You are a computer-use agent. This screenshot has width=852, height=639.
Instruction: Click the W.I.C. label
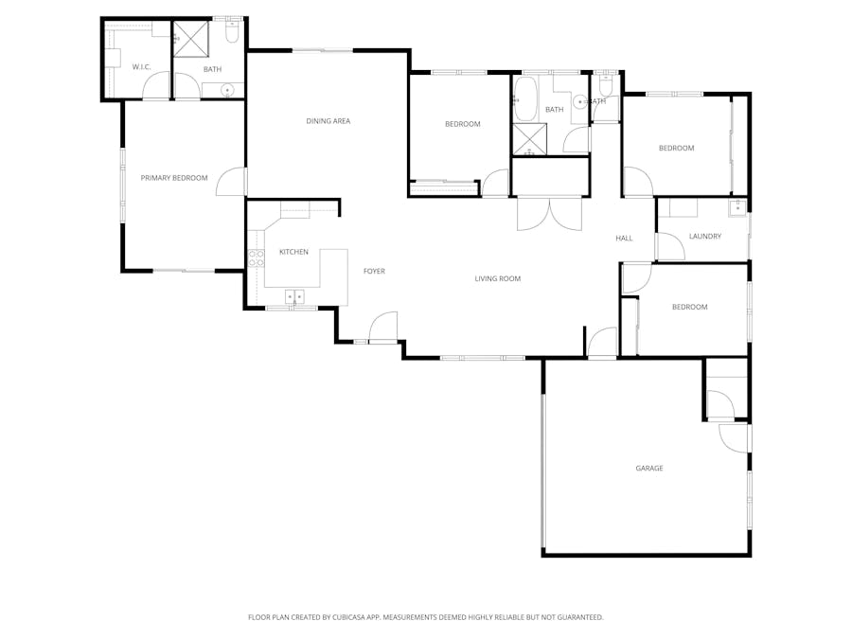[x=141, y=67]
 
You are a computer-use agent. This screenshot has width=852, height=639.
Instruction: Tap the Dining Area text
[x=328, y=121]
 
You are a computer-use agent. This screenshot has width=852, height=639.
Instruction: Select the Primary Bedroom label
[x=174, y=178]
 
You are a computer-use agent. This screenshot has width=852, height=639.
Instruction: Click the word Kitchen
[x=293, y=252]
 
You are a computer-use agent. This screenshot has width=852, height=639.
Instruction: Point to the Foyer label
[x=374, y=272]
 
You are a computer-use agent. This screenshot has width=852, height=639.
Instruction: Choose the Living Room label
[x=498, y=278]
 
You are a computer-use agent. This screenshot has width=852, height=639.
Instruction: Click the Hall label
[x=624, y=239]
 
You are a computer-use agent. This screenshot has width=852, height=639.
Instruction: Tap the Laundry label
[x=705, y=237]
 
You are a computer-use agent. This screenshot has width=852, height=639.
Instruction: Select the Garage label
[x=649, y=469]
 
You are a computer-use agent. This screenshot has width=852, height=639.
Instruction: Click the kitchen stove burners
[x=256, y=258]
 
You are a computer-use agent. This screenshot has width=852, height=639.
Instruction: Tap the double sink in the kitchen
[x=295, y=296]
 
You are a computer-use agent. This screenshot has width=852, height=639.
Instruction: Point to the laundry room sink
[x=737, y=206]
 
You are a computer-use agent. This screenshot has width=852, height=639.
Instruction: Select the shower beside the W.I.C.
[x=189, y=40]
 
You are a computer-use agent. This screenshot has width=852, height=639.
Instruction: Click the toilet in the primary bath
[x=232, y=33]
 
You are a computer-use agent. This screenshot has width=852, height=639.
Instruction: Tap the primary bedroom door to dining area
[x=232, y=182]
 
